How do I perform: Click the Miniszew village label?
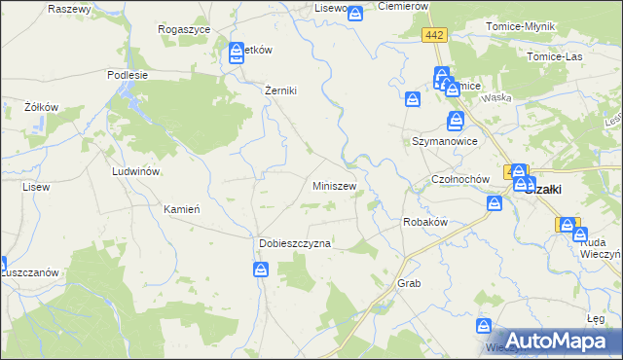pos(334,186)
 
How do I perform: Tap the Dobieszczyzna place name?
pos(295,243)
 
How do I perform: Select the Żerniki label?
pos(280,90)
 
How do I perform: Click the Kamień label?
pos(182,209)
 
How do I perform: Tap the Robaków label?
pos(424,222)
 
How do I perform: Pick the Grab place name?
pos(408,283)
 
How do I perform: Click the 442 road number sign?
pos(434,35)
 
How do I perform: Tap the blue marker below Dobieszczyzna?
pos(262,270)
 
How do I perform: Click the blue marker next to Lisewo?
pos(355,14)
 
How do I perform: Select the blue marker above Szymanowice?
pos(456,122)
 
